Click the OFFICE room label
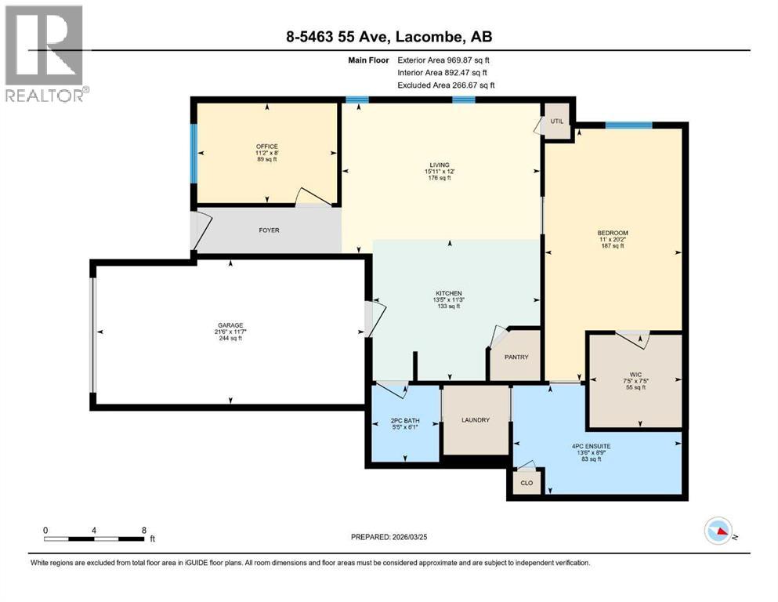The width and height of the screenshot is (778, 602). [x=267, y=147]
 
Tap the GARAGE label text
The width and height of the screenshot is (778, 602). [x=230, y=325]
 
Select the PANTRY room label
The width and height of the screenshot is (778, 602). [x=516, y=357]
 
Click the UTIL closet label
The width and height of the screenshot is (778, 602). [x=557, y=122]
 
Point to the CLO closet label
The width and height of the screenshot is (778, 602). [x=527, y=483]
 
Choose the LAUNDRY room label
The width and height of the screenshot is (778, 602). [x=475, y=420]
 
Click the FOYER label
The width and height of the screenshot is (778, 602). [x=269, y=230]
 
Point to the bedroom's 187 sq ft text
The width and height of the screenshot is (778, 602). [x=612, y=246]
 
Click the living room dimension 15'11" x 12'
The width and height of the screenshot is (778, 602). [x=440, y=171]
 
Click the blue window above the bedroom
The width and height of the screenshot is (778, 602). [x=628, y=124]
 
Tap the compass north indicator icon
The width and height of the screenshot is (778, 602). [x=719, y=531]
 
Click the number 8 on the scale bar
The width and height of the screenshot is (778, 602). [x=143, y=530]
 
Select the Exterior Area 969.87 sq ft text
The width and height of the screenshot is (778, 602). [x=446, y=60]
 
